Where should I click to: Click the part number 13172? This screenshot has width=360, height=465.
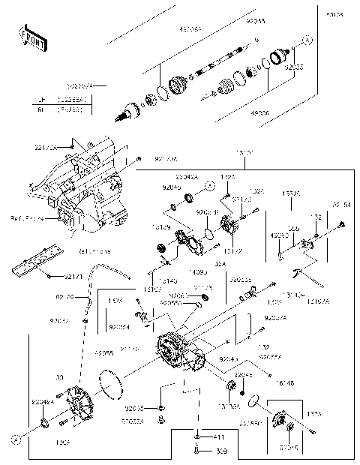pyautogui.click(x=232, y=250)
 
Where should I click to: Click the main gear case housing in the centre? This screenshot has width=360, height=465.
pyautogui.click(x=178, y=351)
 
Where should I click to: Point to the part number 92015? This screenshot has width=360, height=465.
pyautogui.click(x=135, y=408)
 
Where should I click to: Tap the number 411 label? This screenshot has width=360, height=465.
pyautogui.click(x=219, y=437)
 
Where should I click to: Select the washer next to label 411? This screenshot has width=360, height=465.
pyautogui.click(x=197, y=437)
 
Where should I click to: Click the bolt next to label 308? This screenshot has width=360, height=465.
pyautogui.click(x=197, y=451)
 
